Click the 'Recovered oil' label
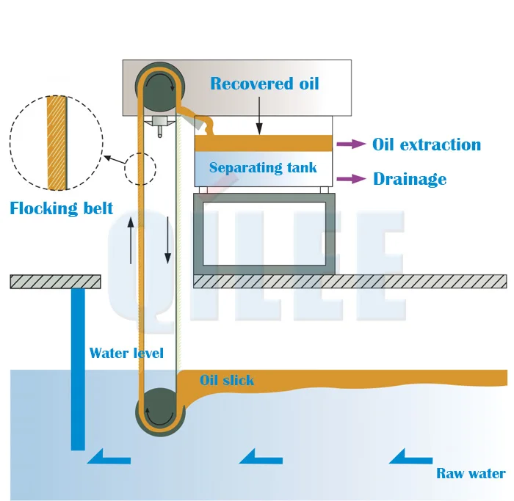(x=264, y=84)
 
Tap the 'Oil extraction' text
(x=427, y=145)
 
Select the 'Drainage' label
(x=409, y=179)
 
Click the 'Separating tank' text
(x=263, y=168)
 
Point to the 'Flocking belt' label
(x=62, y=208)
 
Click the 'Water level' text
(x=126, y=353)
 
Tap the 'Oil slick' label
(x=227, y=380)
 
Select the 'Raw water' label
(x=471, y=473)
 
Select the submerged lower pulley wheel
(x=158, y=413)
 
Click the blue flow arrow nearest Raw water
(x=410, y=458)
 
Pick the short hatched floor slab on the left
(x=55, y=282)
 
